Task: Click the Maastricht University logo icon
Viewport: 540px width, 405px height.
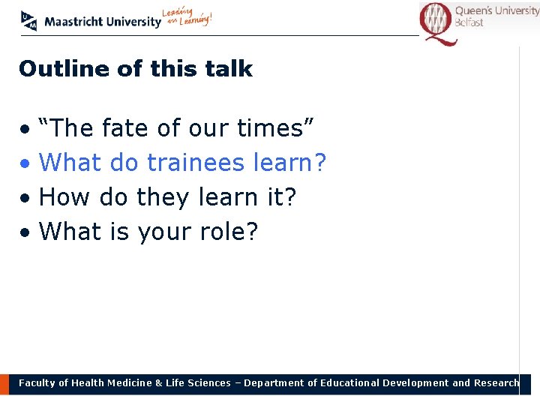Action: click(28, 21)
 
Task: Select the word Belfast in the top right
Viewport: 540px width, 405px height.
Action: click(469, 23)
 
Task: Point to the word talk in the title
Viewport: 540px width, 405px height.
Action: click(230, 69)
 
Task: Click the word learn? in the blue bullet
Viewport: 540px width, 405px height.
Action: click(292, 163)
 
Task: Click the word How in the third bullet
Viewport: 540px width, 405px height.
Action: click(61, 197)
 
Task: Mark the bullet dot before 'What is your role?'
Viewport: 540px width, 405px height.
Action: click(25, 233)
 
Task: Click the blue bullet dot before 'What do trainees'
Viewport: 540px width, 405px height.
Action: click(25, 164)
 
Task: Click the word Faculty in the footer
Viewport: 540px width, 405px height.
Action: click(37, 383)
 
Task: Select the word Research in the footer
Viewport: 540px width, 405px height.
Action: click(496, 382)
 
